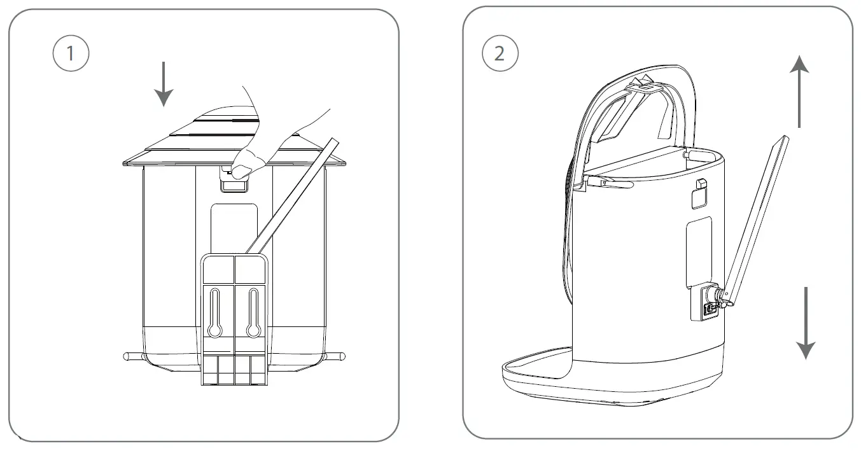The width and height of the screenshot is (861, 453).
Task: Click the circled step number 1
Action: coord(70,53)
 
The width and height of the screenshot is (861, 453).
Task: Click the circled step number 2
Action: coord(499,53)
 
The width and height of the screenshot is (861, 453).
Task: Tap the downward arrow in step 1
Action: coord(164,84)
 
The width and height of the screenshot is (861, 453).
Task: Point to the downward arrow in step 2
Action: coord(806,323)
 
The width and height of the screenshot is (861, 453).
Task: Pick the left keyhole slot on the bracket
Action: coord(215,312)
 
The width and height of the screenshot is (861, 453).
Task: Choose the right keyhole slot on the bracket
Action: coord(253,312)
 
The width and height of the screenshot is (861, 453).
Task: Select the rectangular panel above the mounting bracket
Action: coord(234,226)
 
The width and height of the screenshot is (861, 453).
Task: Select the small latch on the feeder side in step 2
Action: coord(700,185)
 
